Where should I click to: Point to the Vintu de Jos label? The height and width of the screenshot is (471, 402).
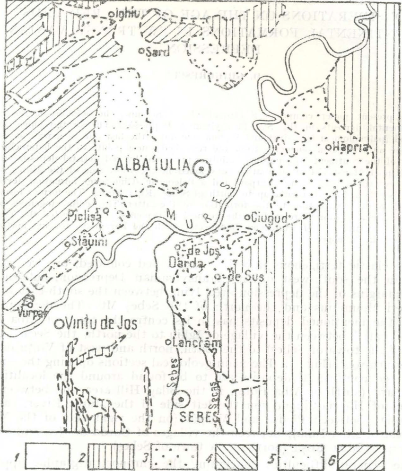(95, 324)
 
